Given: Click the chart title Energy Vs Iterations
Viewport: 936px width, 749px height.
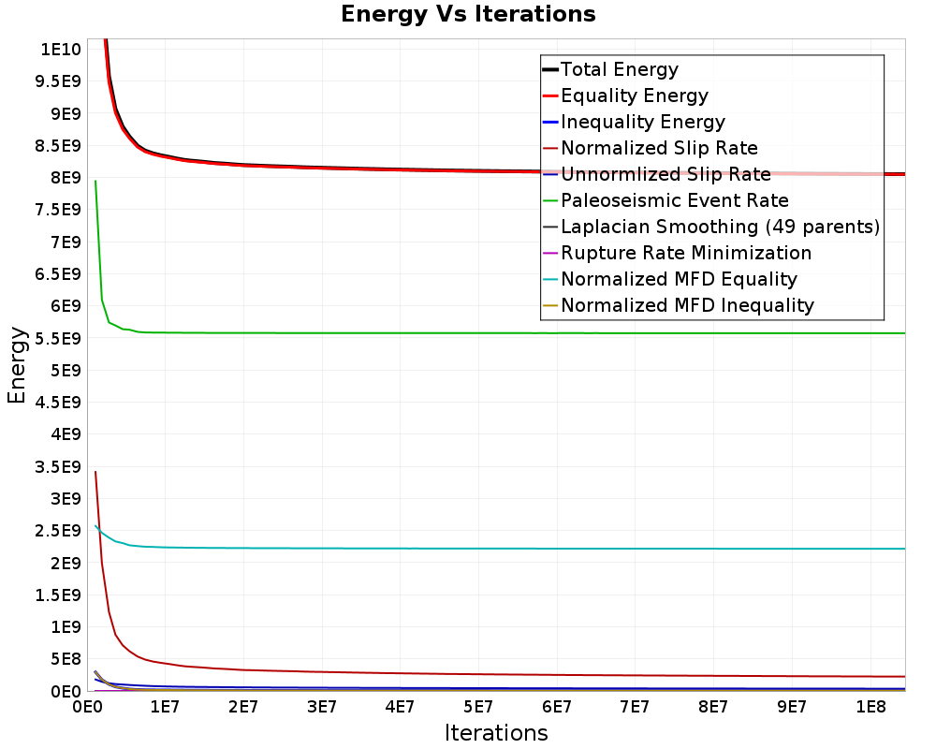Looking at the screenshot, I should pos(468,15).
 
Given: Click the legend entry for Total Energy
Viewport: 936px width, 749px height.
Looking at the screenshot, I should pos(619,69).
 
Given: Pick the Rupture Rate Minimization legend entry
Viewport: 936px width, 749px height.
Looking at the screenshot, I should pos(685,253).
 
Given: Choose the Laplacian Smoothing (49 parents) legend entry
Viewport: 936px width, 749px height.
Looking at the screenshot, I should pos(720,227).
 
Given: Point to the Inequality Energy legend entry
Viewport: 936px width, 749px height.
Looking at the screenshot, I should pos(642,122).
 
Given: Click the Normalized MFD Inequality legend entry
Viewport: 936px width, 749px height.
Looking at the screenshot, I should pos(687,305).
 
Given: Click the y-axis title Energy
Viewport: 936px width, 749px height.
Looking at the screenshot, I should pos(17,365).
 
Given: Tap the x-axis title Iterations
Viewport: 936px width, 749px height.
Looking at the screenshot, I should pos(496,732).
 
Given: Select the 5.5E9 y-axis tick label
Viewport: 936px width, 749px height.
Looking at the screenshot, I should pos(57,338).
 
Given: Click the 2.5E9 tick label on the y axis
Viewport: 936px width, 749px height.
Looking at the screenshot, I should pos(57,531).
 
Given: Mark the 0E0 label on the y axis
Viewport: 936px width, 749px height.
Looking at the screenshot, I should pos(64,691).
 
